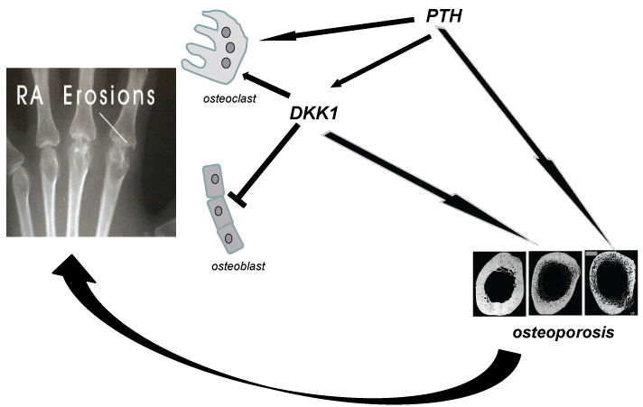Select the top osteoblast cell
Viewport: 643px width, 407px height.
pyautogui.click(x=213, y=181)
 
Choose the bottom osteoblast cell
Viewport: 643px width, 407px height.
pyautogui.click(x=228, y=238)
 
